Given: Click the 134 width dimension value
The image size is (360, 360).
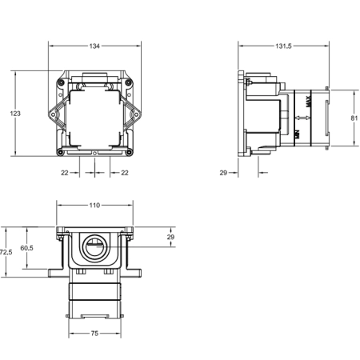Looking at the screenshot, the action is [x=94, y=46].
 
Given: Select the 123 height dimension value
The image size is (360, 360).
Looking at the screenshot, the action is [x=15, y=114].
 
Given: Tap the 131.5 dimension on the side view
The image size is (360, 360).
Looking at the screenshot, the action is [x=283, y=46].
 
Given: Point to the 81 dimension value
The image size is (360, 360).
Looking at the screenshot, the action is [x=354, y=118].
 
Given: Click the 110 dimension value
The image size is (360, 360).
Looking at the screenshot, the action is [x=94, y=205].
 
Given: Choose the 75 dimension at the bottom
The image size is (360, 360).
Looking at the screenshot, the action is [x=94, y=333].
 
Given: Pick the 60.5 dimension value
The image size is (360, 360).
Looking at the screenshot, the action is [x=26, y=248].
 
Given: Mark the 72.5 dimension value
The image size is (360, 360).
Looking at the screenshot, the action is [x=6, y=252].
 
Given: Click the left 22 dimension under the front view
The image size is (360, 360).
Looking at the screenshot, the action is [x=65, y=173].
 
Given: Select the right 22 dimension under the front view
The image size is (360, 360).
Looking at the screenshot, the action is [x=125, y=173].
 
